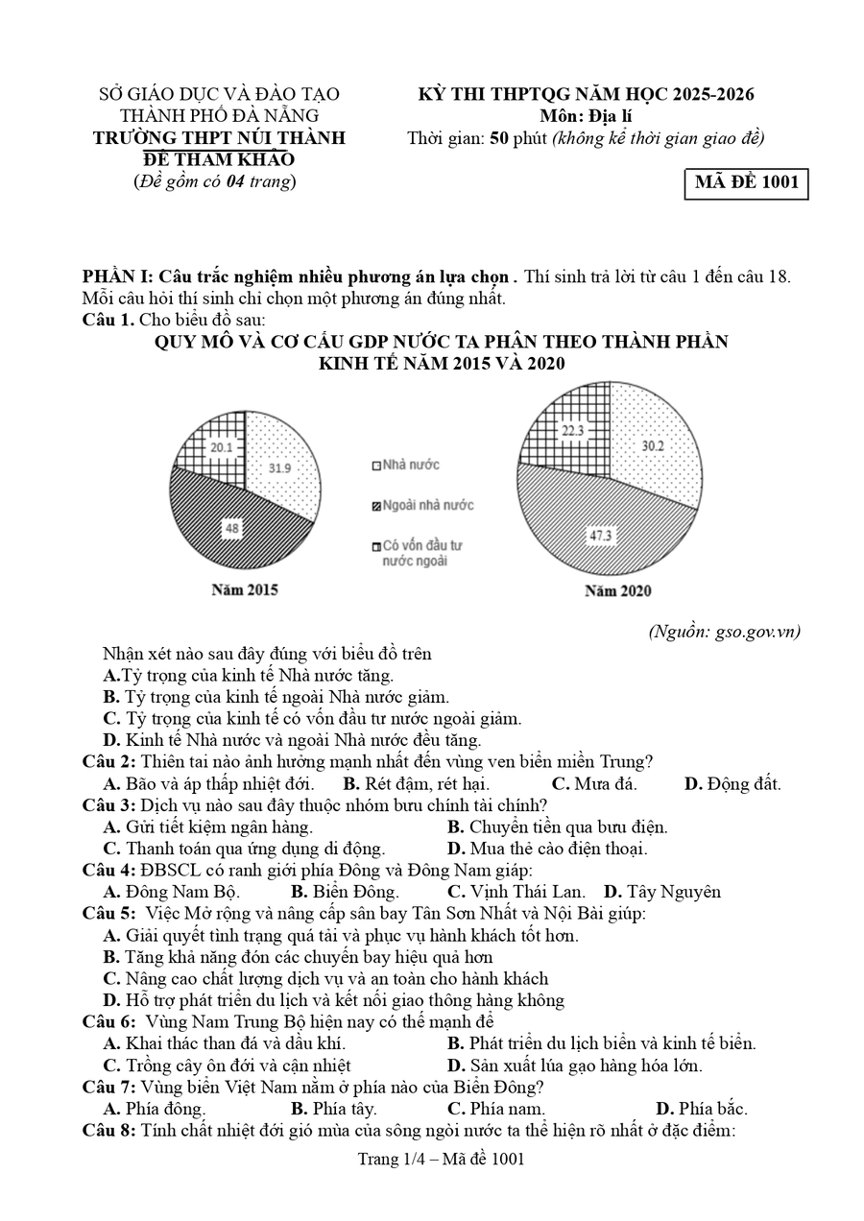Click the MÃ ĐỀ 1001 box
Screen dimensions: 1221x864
coord(746,183)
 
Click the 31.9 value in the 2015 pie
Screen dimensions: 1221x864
coord(280,467)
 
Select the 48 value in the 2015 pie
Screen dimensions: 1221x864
coord(232,527)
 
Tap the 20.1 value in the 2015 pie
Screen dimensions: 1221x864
coord(222,446)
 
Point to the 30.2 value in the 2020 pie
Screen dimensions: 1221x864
coord(654,445)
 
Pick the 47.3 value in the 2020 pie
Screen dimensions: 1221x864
coord(601,535)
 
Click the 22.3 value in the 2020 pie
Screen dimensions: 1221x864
coord(573,431)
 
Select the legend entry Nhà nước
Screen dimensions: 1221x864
coord(405,466)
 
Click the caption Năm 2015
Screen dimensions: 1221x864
coord(245,590)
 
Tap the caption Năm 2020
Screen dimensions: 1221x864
coord(617,591)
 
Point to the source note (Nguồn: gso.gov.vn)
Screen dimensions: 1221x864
coord(724,631)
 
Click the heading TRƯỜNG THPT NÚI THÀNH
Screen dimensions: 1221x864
coord(219,138)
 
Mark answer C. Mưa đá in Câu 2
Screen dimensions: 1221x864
coord(594,784)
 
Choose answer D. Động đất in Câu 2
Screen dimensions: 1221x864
coord(732,784)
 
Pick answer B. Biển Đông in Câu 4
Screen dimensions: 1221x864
coord(345,892)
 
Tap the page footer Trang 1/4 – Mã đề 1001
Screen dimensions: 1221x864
coord(441,1160)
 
